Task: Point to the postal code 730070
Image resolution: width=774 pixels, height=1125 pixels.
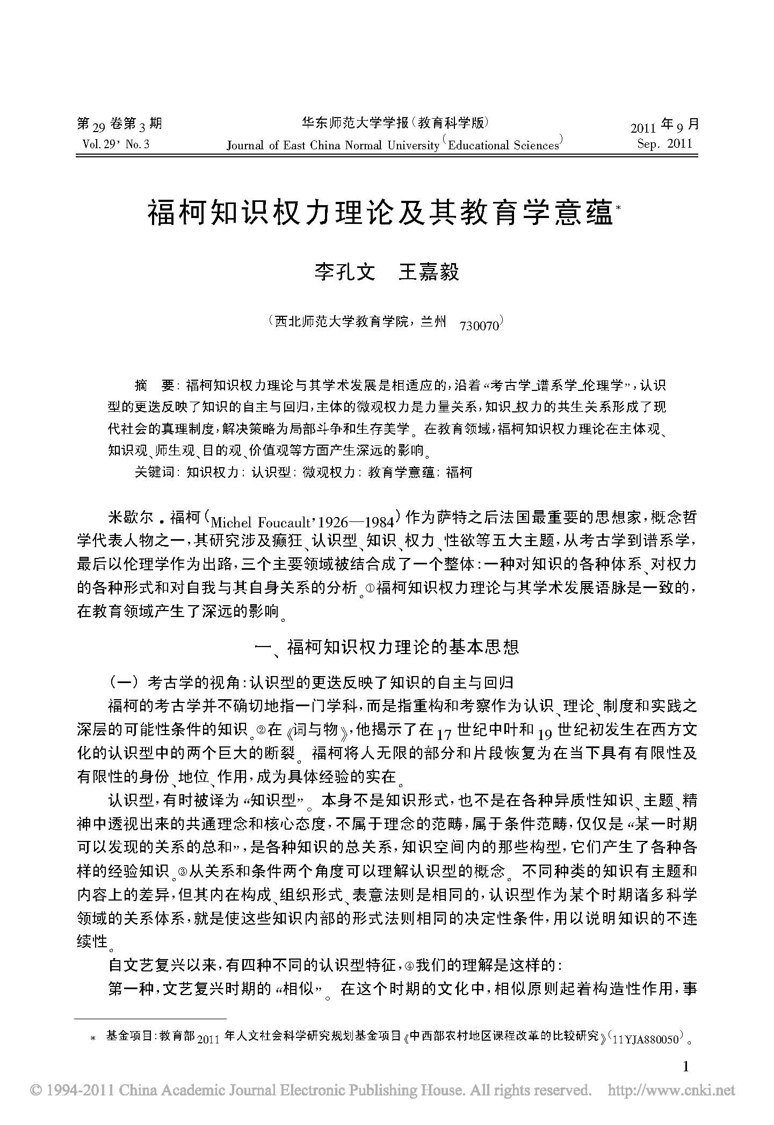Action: [x=479, y=325]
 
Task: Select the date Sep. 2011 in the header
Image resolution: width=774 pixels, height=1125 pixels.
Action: [x=664, y=144]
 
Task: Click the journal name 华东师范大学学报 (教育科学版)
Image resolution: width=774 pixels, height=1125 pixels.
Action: [x=395, y=124]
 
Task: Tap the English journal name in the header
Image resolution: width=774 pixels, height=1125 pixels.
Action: [x=395, y=144]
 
